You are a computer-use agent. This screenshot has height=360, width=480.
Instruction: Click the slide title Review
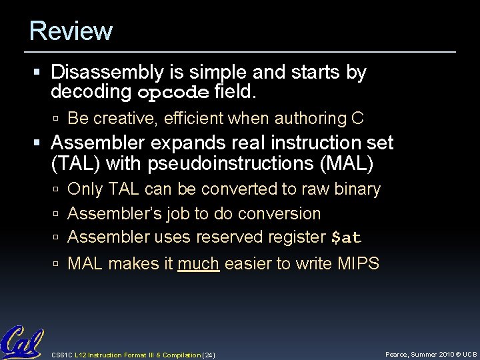[x=71, y=31]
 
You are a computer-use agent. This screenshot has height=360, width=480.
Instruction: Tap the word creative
[x=119, y=119]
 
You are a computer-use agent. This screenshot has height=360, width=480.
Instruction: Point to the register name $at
[x=347, y=237]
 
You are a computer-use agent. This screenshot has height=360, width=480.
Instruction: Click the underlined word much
[x=199, y=264]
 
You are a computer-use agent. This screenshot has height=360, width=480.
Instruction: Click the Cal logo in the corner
[x=21, y=342]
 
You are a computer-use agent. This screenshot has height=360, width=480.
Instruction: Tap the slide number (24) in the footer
[x=207, y=353]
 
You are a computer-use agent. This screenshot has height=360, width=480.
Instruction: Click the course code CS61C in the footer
[x=63, y=353]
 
